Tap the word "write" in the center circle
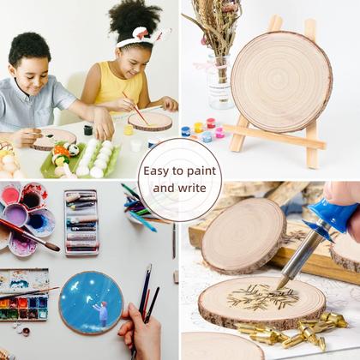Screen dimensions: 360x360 [192, 188]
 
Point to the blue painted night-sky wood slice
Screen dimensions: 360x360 [91, 303]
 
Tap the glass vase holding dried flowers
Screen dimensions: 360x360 [220, 83]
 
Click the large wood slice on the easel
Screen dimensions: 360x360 [281, 81]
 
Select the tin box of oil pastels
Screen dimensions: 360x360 [81, 223]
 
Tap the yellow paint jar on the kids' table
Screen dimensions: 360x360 [129, 129]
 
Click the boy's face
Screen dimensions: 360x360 [33, 75]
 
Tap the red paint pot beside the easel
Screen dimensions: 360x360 [211, 123]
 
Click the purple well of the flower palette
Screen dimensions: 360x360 [15, 215]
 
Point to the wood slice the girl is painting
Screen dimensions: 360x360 [150, 121]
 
